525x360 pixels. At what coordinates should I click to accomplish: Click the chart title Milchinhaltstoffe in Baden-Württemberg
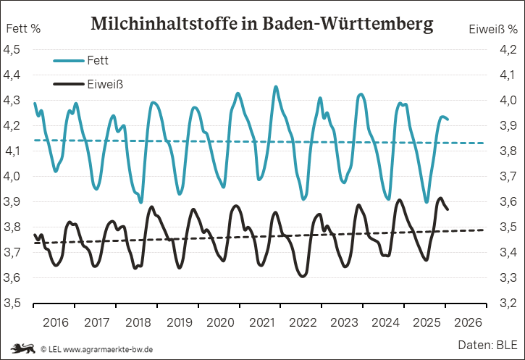point(262,23)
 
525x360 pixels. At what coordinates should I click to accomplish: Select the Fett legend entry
point(97,59)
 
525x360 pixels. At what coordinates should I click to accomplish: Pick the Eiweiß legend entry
point(105,83)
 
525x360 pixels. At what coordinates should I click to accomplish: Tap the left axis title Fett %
point(23,30)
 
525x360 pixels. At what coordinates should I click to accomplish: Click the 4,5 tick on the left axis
point(14,49)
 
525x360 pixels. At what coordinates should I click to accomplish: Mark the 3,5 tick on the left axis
point(14,303)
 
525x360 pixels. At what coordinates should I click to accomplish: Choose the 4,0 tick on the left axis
point(14,176)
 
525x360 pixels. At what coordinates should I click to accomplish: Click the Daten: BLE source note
point(487,343)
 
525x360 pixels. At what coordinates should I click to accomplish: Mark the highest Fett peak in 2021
point(276,86)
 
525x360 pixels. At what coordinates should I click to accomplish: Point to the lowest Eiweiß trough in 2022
point(302,276)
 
